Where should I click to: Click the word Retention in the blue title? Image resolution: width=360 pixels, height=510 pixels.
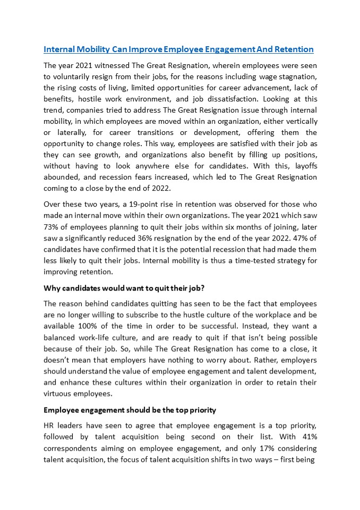294,49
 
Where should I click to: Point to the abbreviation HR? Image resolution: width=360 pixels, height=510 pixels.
49,427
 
